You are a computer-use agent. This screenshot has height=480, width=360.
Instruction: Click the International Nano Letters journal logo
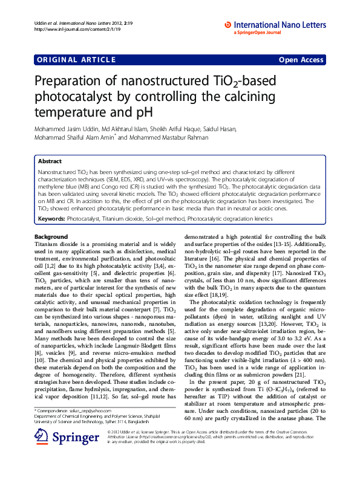point(275,25)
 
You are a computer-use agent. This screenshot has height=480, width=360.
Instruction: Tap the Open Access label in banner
point(302,59)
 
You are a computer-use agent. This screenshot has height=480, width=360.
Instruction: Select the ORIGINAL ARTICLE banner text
point(75,59)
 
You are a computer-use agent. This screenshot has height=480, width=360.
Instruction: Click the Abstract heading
point(50,161)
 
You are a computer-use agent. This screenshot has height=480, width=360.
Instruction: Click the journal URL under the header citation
point(69,28)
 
